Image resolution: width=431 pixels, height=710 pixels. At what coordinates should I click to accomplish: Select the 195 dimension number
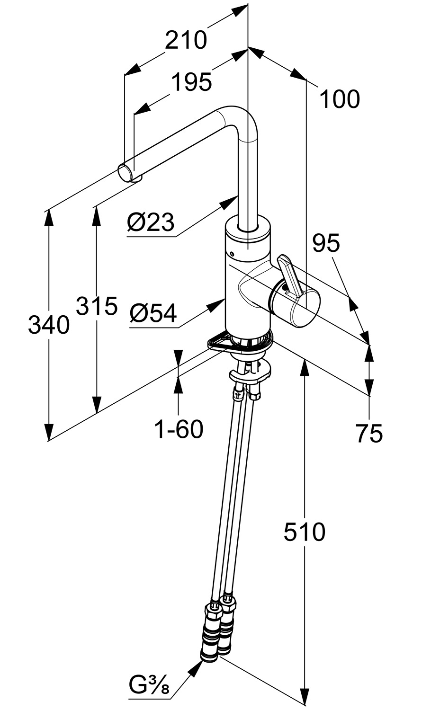pyautogui.click(x=191, y=82)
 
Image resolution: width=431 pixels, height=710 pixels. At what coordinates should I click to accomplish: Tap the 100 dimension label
pyautogui.click(x=340, y=99)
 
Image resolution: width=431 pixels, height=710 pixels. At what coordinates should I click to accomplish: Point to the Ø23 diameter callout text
pyautogui.click(x=151, y=222)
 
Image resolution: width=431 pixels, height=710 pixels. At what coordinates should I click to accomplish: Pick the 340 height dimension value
pyautogui.click(x=49, y=325)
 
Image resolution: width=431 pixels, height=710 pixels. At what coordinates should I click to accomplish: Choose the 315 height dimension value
pyautogui.click(x=97, y=306)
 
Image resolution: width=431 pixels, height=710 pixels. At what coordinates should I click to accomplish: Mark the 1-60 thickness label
pyautogui.click(x=179, y=429)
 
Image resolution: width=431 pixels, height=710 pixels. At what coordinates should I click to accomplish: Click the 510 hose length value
pyautogui.click(x=305, y=532)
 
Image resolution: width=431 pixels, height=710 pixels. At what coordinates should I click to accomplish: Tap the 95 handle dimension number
pyautogui.click(x=326, y=243)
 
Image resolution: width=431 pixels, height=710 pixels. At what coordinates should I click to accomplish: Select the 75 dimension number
pyautogui.click(x=369, y=433)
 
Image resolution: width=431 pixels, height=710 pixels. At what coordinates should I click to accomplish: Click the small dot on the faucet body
pyautogui.click(x=232, y=254)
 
